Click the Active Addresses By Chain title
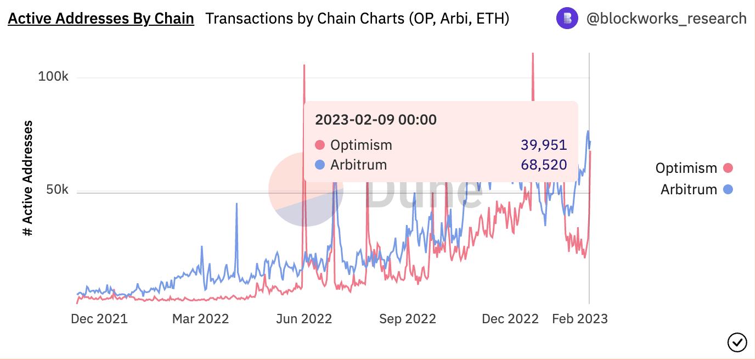(x=101, y=19)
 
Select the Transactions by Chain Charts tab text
(x=357, y=19)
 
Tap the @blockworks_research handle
(x=666, y=19)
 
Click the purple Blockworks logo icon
(x=567, y=19)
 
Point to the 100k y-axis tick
(x=53, y=77)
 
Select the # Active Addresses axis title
(x=28, y=178)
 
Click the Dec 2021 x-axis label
(x=99, y=319)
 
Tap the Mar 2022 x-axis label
(x=200, y=319)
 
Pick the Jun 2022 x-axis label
(x=303, y=319)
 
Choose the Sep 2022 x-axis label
(x=407, y=319)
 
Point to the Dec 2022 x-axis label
(x=510, y=319)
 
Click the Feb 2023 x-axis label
(x=579, y=319)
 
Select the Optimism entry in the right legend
(x=686, y=168)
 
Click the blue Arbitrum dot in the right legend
(x=728, y=190)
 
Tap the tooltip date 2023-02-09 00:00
(x=376, y=120)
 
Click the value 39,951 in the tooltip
(x=543, y=145)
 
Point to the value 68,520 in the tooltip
(x=543, y=164)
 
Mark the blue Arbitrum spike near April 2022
(x=236, y=204)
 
